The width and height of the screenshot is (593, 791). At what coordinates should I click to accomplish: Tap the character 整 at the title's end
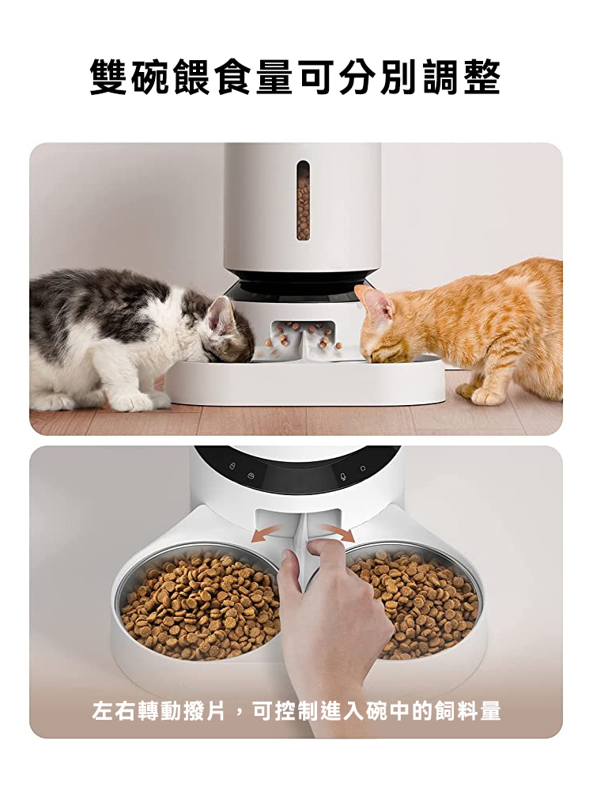pyautogui.click(x=481, y=77)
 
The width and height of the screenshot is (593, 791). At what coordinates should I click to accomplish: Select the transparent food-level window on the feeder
pyautogui.click(x=303, y=200)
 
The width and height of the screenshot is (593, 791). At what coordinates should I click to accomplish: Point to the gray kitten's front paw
pyautogui.click(x=136, y=401)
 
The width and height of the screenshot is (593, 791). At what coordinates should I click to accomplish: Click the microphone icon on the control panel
pyautogui.click(x=343, y=475)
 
